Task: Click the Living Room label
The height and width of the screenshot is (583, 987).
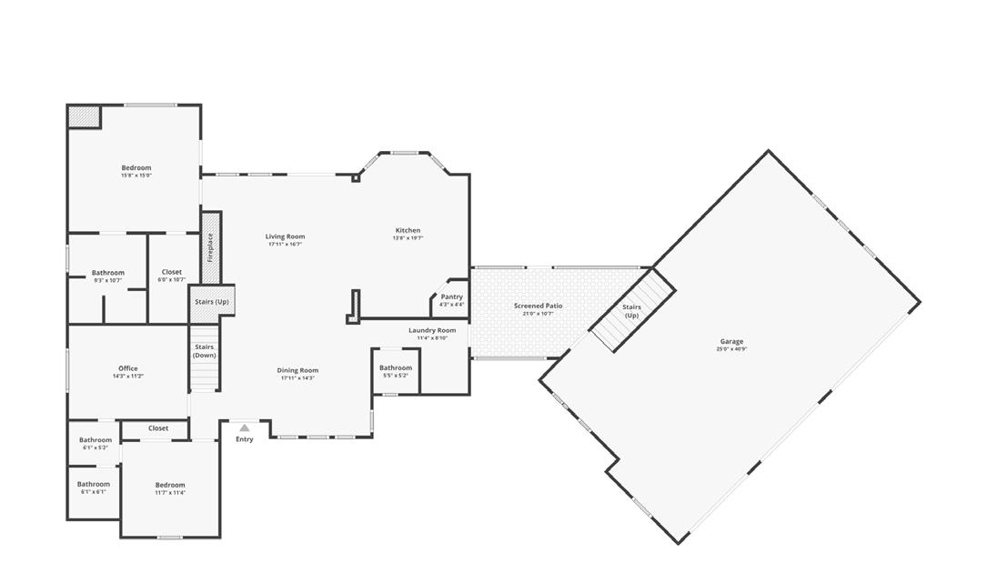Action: pyautogui.click(x=285, y=240)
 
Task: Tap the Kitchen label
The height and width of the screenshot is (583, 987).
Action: pyautogui.click(x=408, y=234)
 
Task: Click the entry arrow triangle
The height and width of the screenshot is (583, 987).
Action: pyautogui.click(x=244, y=427)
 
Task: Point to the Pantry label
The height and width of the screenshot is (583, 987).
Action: pyautogui.click(x=451, y=300)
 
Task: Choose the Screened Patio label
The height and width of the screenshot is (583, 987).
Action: pyautogui.click(x=538, y=309)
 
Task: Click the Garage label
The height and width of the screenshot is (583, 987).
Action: pyautogui.click(x=731, y=345)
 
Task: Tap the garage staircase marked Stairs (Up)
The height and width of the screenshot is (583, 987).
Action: pyautogui.click(x=633, y=311)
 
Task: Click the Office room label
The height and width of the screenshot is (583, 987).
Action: pyautogui.click(x=127, y=372)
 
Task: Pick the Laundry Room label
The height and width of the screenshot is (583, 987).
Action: pyautogui.click(x=432, y=334)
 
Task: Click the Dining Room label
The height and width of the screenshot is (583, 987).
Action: pyautogui.click(x=297, y=374)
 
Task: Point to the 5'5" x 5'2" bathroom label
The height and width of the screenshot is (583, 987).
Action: pyautogui.click(x=395, y=371)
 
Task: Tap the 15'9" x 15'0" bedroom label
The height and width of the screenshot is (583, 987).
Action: pyautogui.click(x=136, y=171)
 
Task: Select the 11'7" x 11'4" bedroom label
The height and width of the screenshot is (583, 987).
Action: pyautogui.click(x=170, y=488)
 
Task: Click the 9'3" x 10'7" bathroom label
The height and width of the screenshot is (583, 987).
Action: pyautogui.click(x=107, y=276)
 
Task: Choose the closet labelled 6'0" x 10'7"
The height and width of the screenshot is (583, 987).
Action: pyautogui.click(x=171, y=275)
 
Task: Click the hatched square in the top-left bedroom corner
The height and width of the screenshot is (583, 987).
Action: pyautogui.click(x=85, y=117)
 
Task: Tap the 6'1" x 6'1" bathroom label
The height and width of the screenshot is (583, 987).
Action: pyautogui.click(x=93, y=488)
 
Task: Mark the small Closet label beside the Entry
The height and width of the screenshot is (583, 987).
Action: pyautogui.click(x=158, y=427)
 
